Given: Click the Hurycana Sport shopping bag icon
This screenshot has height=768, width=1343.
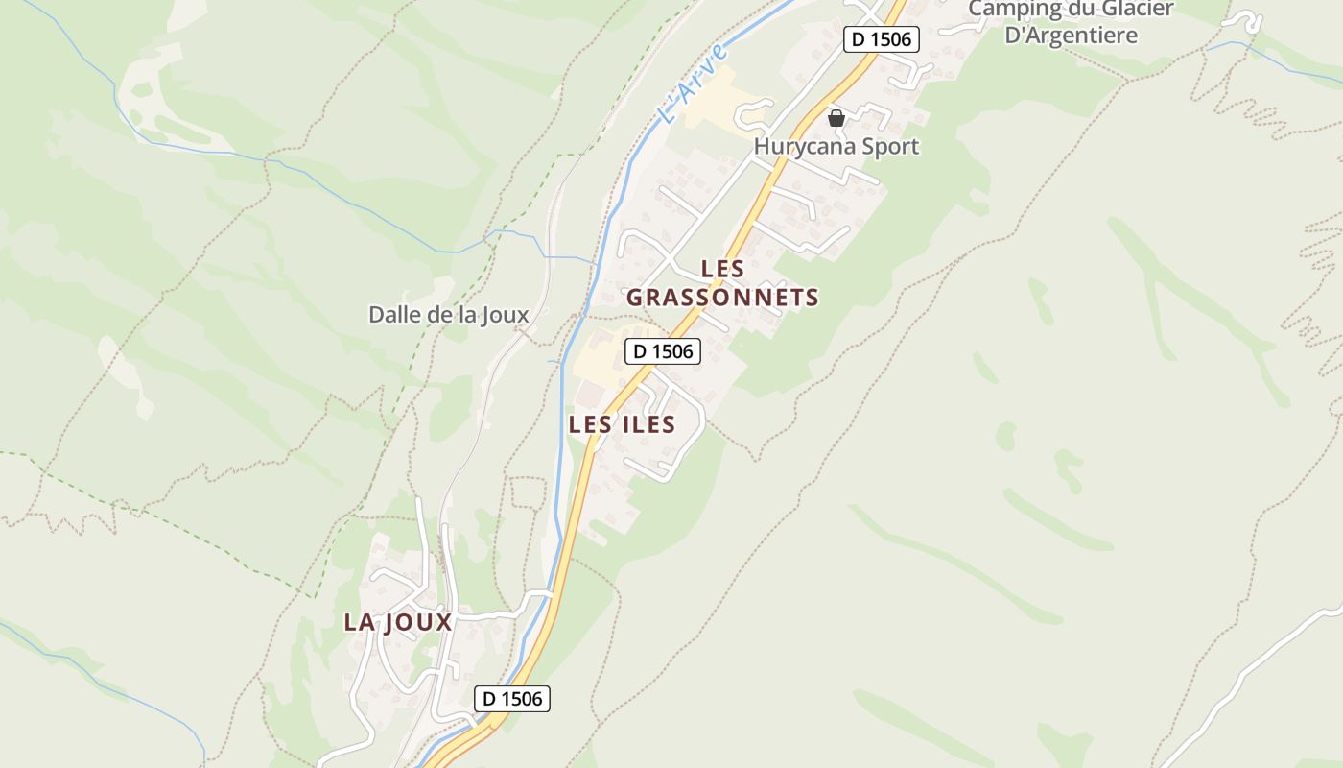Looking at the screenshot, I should tap(836, 118).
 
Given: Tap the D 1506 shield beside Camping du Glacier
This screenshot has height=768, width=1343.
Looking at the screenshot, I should tap(882, 39).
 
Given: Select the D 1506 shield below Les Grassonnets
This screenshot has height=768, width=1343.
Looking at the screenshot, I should tap(663, 351).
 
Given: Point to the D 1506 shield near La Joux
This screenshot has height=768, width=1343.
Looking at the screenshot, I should tap(512, 698).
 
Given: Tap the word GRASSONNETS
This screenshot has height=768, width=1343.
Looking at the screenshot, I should tap(722, 298).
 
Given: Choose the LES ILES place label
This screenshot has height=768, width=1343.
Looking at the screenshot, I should tap(622, 424).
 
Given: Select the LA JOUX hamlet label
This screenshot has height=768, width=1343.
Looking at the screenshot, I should tap(398, 622).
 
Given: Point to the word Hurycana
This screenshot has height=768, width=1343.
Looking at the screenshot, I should tap(798, 147).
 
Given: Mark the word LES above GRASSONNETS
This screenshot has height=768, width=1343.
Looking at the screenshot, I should tap(722, 269).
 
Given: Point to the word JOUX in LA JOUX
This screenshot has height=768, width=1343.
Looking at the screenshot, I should tap(418, 622).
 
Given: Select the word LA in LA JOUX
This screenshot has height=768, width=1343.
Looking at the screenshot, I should tap(360, 622).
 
